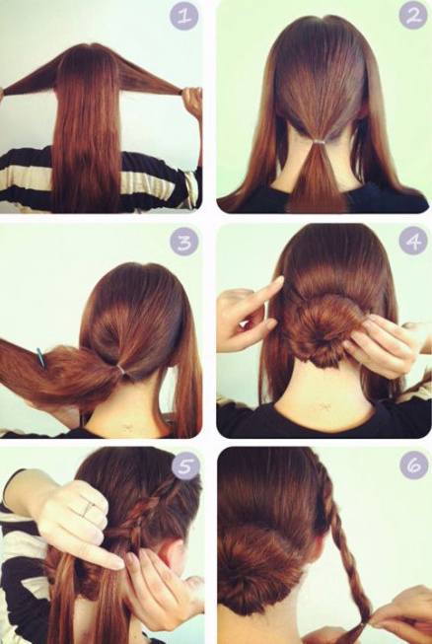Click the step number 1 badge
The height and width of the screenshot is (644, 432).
184,17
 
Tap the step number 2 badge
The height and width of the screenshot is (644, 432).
412,16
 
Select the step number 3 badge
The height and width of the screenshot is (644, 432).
184,243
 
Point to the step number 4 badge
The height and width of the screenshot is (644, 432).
412,241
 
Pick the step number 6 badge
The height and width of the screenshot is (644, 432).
413,465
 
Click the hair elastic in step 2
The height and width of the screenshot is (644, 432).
318,142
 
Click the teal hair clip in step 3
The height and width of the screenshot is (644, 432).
39,357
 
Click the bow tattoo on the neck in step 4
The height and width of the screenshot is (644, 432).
324,407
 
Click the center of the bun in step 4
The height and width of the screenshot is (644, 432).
324,328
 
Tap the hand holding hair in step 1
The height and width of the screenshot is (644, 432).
192,102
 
